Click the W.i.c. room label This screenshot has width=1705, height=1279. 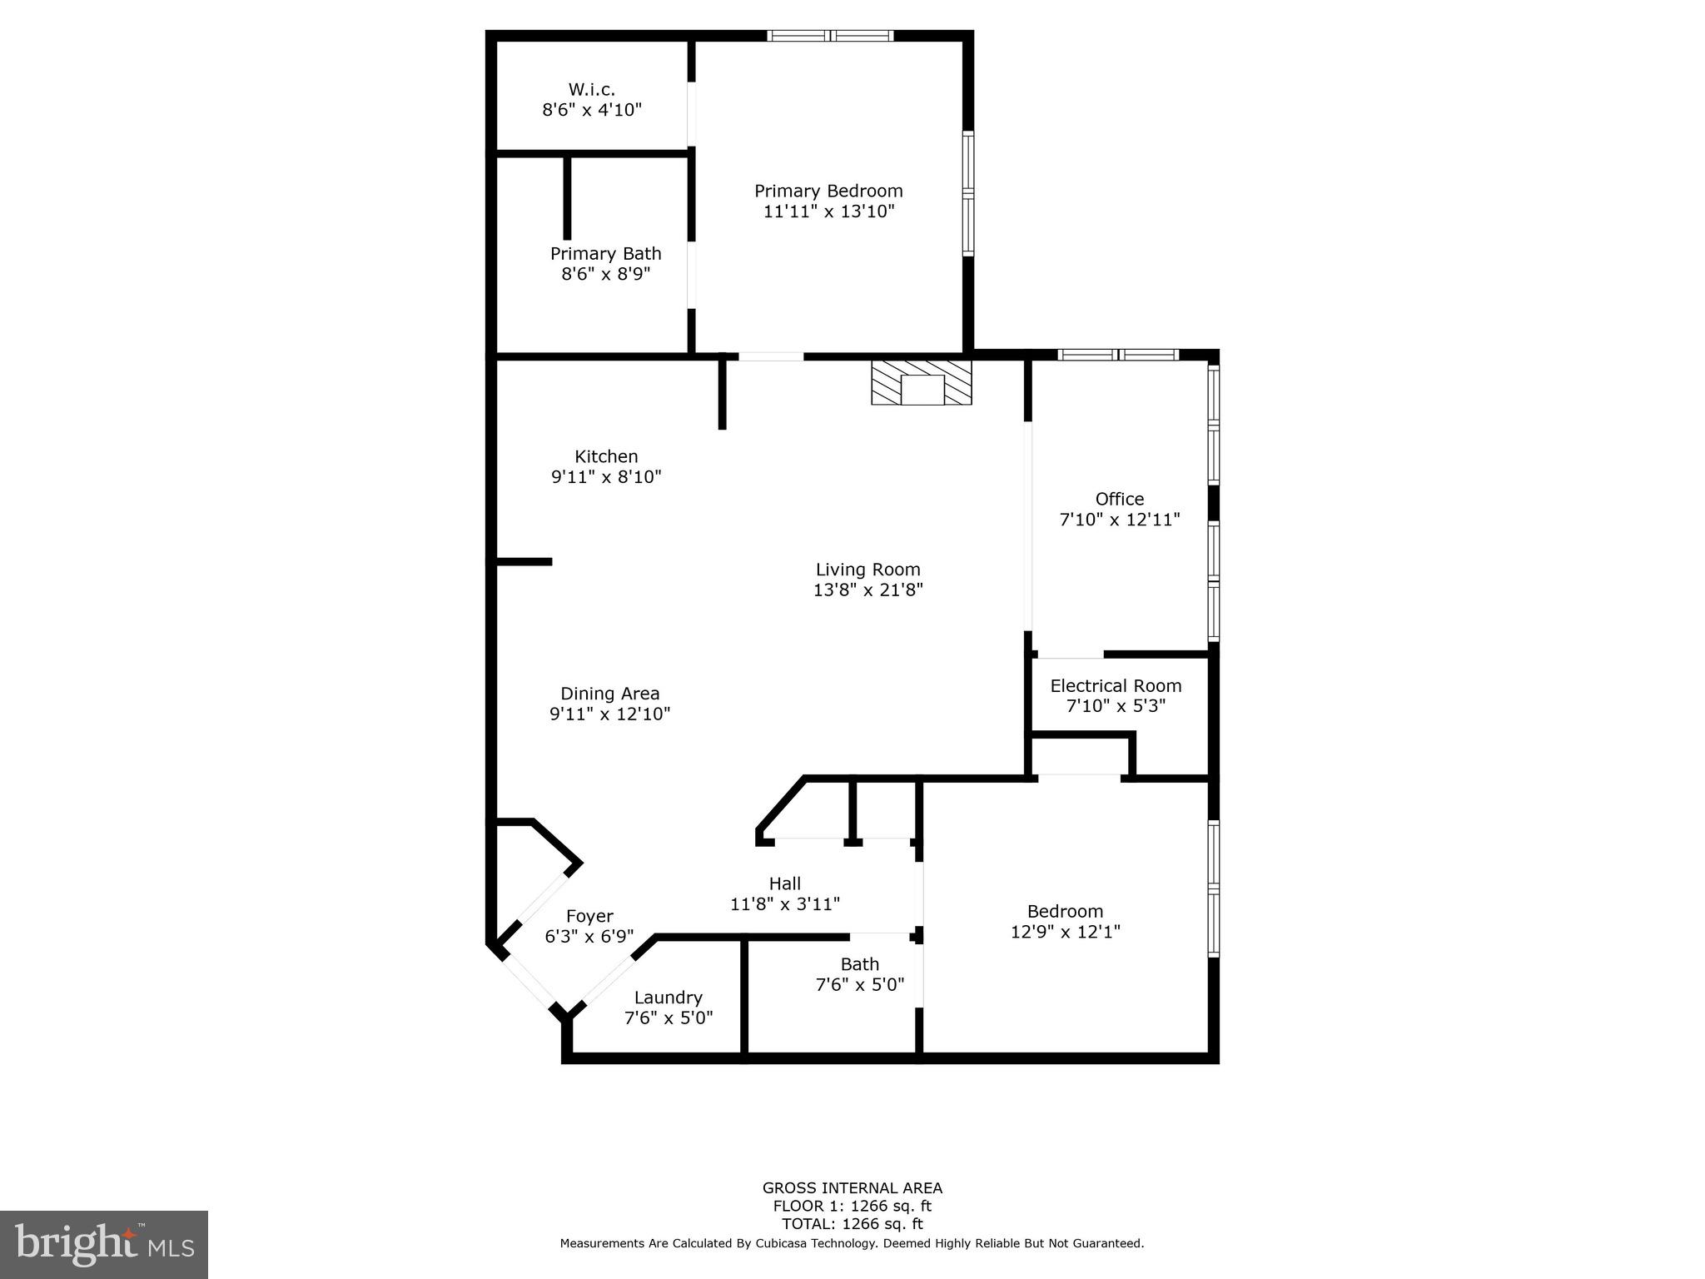[591, 89]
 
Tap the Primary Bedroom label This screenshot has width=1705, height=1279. [828, 191]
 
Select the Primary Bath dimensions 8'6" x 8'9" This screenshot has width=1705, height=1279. [605, 274]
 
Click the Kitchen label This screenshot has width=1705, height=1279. [606, 456]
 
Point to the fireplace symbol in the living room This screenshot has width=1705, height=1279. [922, 383]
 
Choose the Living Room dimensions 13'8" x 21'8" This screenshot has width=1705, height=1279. [868, 590]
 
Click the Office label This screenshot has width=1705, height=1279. [1119, 499]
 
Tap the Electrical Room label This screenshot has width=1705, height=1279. [1116, 685]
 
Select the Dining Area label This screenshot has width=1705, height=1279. [609, 694]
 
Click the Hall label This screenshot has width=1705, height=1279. [784, 883]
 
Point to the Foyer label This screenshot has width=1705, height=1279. [589, 917]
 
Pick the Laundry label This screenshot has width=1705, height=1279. [668, 998]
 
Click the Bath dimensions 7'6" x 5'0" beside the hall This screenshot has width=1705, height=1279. [859, 984]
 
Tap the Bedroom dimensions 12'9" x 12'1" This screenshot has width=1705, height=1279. [1065, 932]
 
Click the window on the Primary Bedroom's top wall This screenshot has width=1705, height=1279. [830, 36]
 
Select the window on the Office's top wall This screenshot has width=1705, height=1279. [1117, 355]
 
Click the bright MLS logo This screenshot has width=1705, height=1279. [104, 1244]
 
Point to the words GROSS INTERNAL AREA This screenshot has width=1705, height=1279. [852, 1188]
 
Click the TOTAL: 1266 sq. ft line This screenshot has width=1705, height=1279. [852, 1224]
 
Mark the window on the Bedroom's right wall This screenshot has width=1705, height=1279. [1214, 888]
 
